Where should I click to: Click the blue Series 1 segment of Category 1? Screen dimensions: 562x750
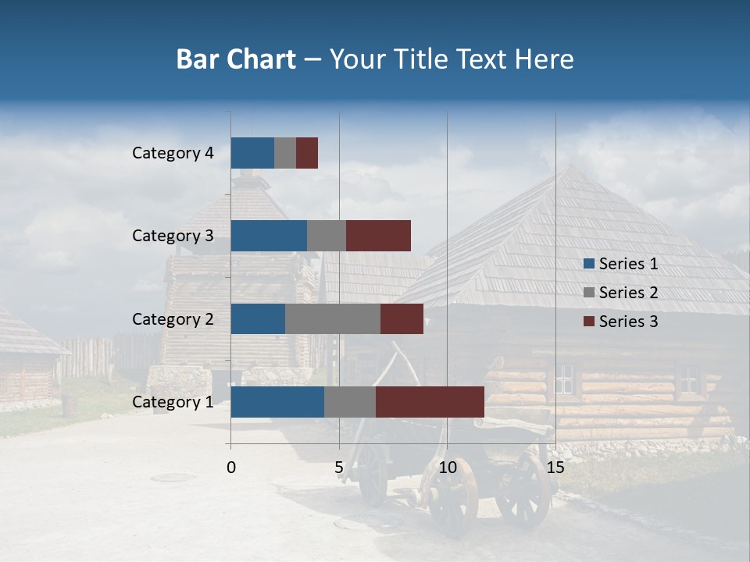click(x=277, y=402)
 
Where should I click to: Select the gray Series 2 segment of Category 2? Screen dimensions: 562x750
click(x=332, y=318)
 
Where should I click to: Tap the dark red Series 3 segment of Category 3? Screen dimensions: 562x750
click(x=378, y=236)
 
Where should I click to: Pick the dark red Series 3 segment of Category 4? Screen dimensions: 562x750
click(x=307, y=153)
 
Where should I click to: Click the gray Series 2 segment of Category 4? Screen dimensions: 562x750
click(x=285, y=153)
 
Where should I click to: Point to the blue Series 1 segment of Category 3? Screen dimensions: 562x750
click(x=269, y=236)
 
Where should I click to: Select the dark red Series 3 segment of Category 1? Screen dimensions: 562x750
click(x=430, y=402)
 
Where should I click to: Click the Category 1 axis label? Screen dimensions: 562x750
click(x=173, y=402)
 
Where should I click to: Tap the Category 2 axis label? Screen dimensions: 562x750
click(x=173, y=318)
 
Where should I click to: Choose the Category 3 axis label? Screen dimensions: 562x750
click(x=173, y=236)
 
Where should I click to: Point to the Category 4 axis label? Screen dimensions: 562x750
click(x=173, y=153)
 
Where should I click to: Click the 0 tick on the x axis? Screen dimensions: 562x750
click(x=231, y=468)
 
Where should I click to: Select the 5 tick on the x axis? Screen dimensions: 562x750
click(x=339, y=468)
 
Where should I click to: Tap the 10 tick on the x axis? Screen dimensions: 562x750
click(x=447, y=468)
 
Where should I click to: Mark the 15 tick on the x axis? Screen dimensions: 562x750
click(x=555, y=468)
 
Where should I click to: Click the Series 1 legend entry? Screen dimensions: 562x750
click(x=620, y=264)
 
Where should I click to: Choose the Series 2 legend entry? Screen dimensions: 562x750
click(x=620, y=293)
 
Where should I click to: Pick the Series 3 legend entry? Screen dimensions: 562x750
click(x=620, y=322)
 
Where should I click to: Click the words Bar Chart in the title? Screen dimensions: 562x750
click(x=236, y=59)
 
